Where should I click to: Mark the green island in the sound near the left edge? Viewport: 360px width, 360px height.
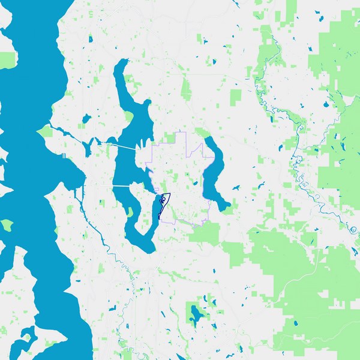point(7,225)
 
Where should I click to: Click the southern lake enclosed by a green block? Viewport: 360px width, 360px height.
point(196,313)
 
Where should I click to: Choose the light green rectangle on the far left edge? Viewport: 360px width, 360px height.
point(7,60)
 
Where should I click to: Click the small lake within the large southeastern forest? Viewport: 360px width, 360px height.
point(298,324)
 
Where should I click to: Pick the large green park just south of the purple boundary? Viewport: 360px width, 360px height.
point(204,234)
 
